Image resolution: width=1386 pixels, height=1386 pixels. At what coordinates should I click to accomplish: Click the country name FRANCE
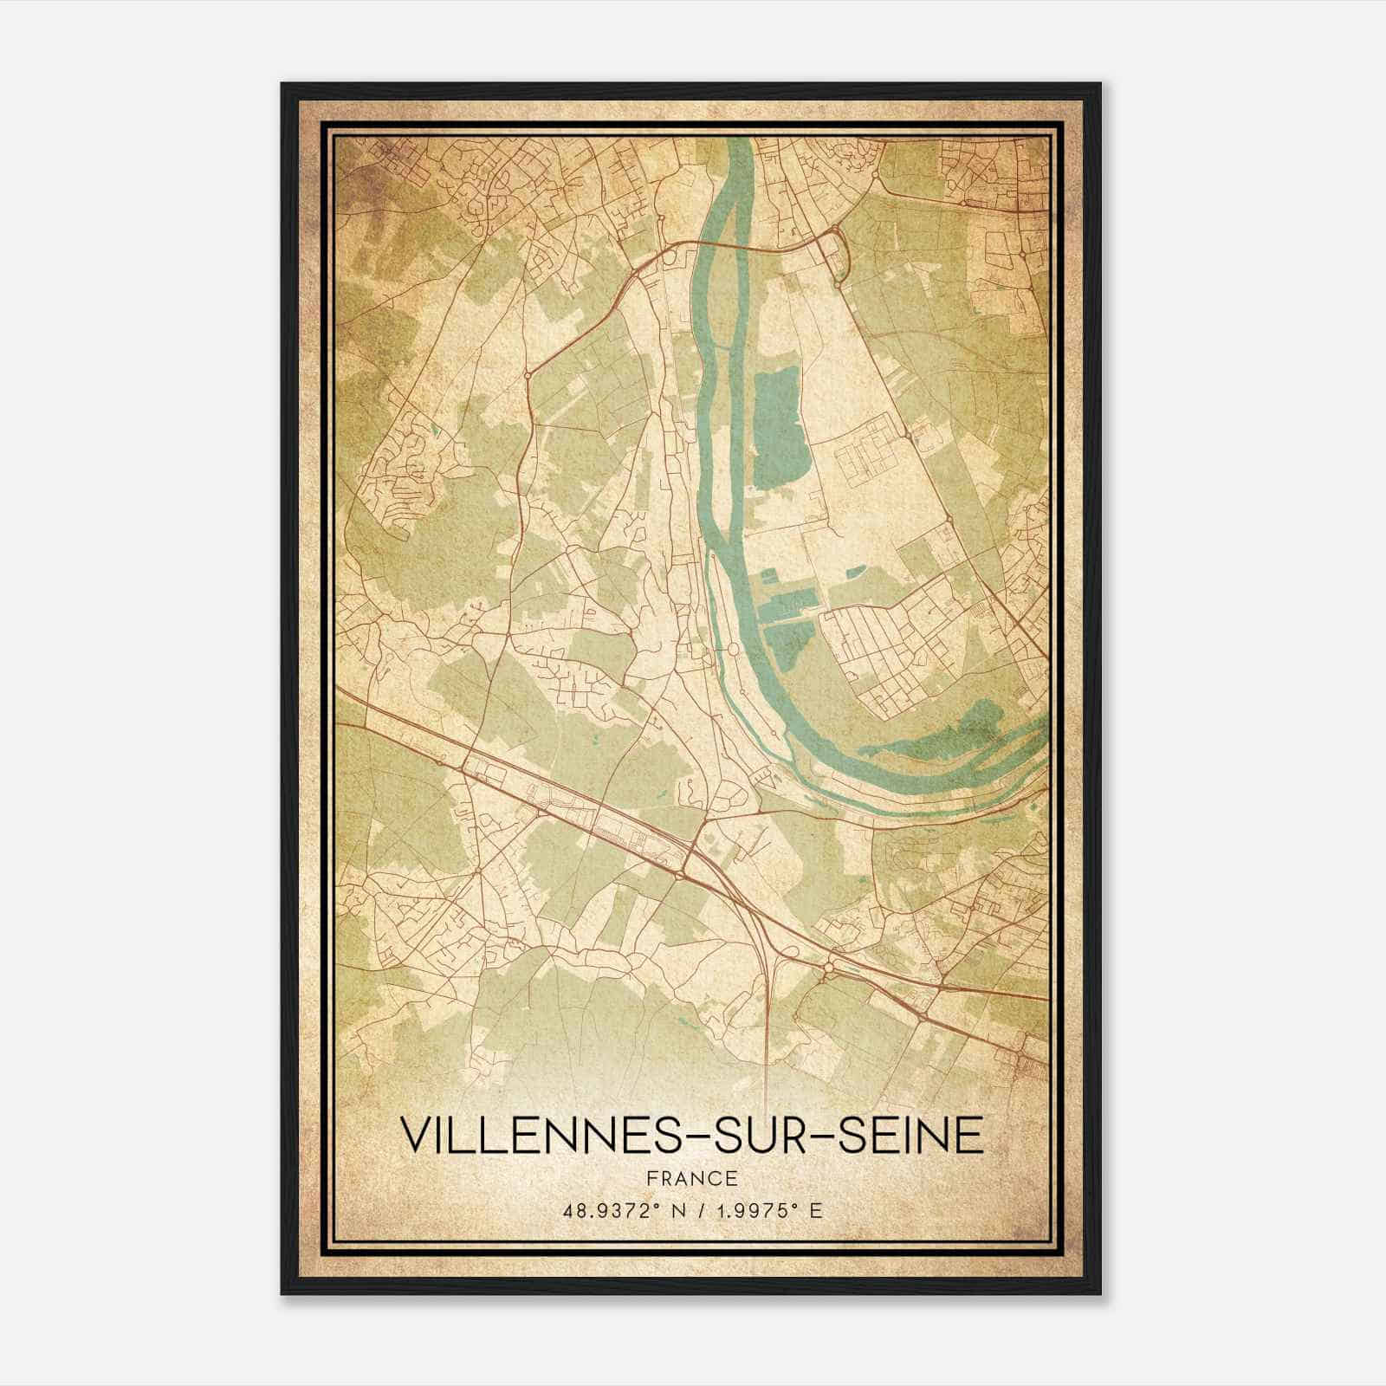692,1178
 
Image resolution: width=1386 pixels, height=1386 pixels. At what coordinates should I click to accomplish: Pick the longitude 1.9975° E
767,1210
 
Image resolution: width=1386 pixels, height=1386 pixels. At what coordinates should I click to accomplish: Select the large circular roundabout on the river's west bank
732,649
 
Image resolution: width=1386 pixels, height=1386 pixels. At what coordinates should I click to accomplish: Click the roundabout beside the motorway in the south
829,967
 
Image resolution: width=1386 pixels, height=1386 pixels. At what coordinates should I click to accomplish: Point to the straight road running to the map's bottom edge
768,1039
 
